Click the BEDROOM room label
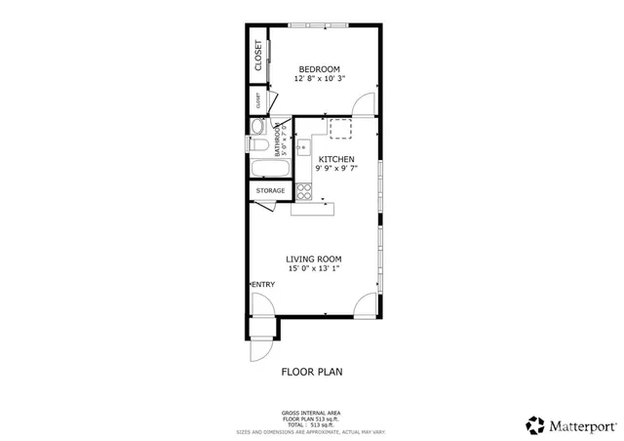319,68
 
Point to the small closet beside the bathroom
258,100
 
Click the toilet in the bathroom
256,127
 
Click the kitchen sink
301,149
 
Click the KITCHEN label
334,158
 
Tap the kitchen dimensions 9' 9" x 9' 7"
334,168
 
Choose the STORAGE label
271,190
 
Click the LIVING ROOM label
313,259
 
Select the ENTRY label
263,284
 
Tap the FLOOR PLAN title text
312,371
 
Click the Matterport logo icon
534,424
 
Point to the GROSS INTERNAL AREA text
312,414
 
